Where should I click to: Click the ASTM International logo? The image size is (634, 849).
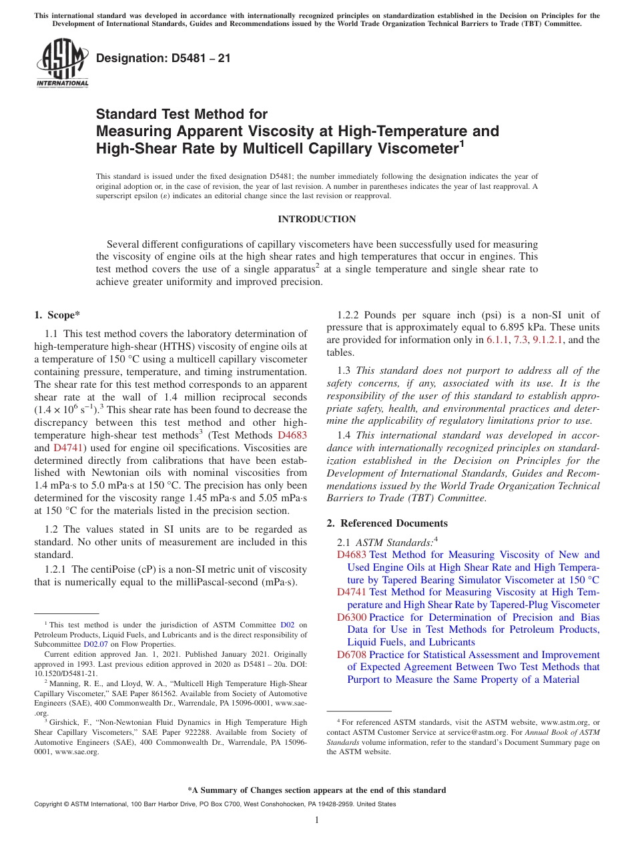(x=62, y=64)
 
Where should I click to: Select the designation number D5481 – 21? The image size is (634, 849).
(x=164, y=58)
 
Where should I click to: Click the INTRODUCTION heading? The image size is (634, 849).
(x=316, y=219)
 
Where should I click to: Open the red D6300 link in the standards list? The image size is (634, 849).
(x=351, y=617)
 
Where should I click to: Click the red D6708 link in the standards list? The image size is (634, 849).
(x=351, y=655)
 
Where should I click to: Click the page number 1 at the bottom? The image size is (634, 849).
(x=317, y=820)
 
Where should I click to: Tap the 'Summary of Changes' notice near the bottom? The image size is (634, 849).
(x=316, y=790)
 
